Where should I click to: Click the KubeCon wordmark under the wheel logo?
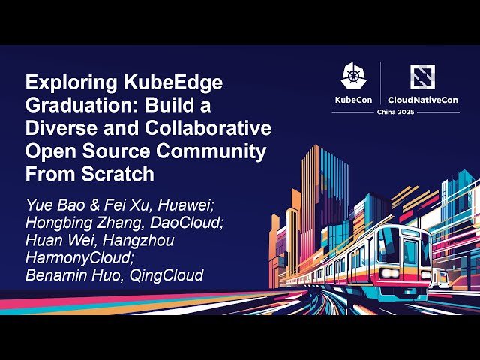[354, 100]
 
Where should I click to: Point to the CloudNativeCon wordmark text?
[423, 100]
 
